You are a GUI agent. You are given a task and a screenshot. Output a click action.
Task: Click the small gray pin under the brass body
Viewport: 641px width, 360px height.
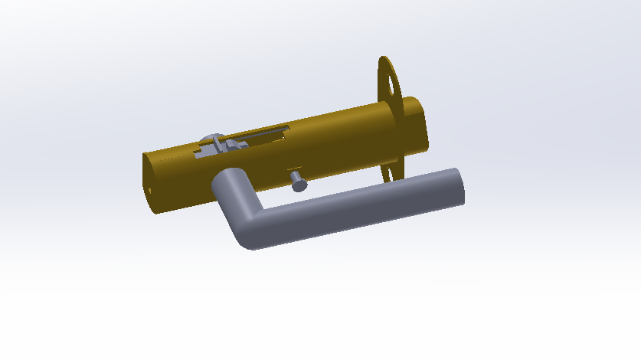pyautogui.click(x=298, y=182)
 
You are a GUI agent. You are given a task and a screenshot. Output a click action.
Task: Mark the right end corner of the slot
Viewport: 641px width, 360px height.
pyautogui.click(x=288, y=129)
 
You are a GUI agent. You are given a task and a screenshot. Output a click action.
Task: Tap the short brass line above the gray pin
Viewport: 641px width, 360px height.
pyautogui.click(x=295, y=168)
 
